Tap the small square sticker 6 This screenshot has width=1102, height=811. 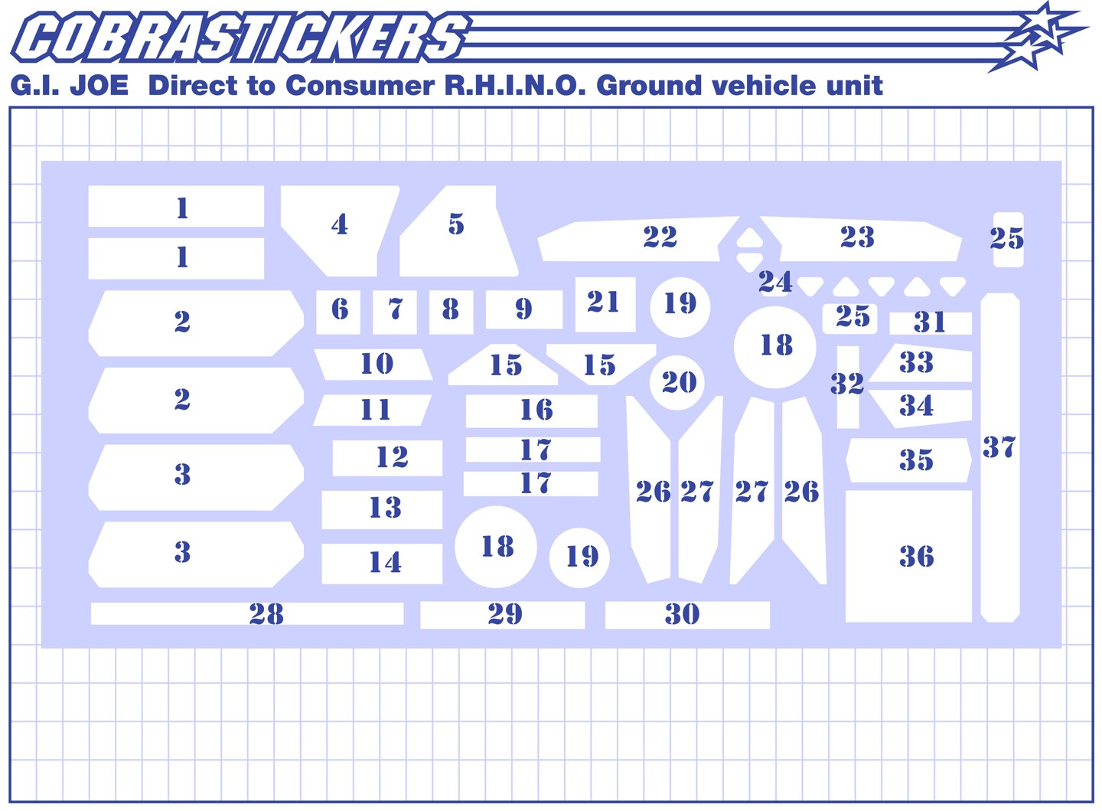click(x=338, y=312)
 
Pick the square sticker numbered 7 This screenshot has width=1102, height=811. click(x=395, y=312)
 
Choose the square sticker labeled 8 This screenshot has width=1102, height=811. click(x=452, y=312)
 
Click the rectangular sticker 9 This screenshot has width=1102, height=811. click(x=524, y=309)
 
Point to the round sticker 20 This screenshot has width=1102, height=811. click(x=679, y=383)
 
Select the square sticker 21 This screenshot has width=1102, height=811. click(x=605, y=304)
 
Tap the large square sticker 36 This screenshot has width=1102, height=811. click(x=908, y=557)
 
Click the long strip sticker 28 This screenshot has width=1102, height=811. click(x=247, y=613)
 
